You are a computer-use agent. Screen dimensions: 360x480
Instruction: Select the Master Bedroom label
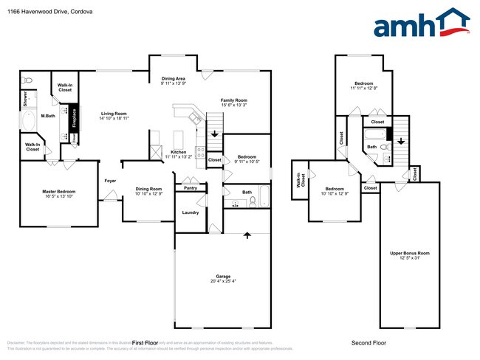[58, 192]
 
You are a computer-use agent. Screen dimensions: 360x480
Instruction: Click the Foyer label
[110, 180]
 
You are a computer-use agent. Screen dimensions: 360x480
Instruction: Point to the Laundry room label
[189, 213]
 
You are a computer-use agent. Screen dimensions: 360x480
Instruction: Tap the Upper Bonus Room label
[409, 253]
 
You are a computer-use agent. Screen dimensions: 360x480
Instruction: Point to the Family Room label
[233, 100]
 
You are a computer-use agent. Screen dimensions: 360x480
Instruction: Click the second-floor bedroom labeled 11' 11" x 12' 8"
[363, 83]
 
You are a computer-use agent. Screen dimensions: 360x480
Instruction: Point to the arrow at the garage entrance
[248, 235]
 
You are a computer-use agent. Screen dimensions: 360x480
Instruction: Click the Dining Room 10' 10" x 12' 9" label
[148, 189]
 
